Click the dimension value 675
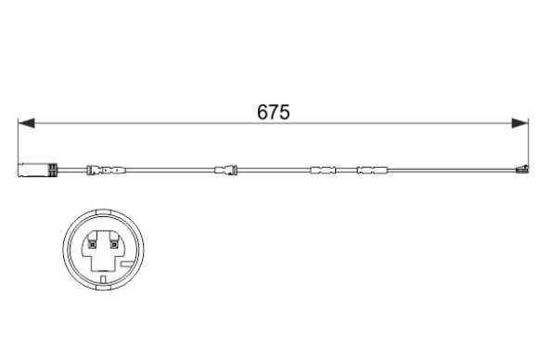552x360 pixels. coord(273,112)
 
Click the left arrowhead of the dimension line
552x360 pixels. coord(26,122)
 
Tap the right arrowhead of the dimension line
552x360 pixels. coord(520,122)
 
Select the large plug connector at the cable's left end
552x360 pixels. coord(38,170)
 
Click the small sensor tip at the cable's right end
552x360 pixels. coord(521,170)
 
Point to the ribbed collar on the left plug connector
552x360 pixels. coord(53,170)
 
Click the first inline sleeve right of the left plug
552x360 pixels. coord(106,170)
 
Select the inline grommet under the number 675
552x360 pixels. coord(225,170)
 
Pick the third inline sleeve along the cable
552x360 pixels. coord(323,170)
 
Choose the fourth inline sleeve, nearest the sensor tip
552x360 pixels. coord(372,170)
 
